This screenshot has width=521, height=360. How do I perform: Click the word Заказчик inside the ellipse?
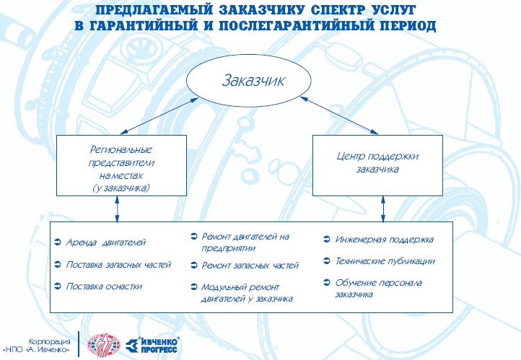tap(253, 80)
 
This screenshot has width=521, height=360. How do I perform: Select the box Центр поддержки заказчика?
tap(378, 165)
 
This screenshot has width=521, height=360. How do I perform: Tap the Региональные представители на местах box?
tap(122, 165)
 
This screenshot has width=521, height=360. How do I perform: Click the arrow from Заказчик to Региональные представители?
tap(159, 116)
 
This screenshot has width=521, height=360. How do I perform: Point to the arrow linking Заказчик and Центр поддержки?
tap(339, 115)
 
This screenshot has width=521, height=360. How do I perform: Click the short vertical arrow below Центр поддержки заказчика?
tap(383, 209)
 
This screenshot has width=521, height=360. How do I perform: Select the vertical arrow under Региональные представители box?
tap(117, 209)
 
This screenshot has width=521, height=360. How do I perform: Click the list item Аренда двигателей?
tap(105, 242)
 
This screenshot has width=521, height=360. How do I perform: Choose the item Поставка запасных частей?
tap(118, 265)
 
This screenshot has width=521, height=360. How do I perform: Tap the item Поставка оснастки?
tap(104, 286)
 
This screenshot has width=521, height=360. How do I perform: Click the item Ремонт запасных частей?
tap(250, 265)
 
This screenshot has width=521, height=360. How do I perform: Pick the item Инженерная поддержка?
tap(385, 240)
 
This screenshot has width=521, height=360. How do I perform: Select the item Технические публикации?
tap(385, 261)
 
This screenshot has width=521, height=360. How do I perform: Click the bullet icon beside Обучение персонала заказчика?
tap(327, 283)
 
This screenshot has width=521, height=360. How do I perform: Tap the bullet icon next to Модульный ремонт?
tap(194, 287)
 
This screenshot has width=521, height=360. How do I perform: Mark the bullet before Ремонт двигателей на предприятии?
tap(194, 237)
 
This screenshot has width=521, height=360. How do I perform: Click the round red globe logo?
tap(104, 345)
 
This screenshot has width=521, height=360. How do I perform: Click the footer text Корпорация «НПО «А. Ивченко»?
tap(36, 346)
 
